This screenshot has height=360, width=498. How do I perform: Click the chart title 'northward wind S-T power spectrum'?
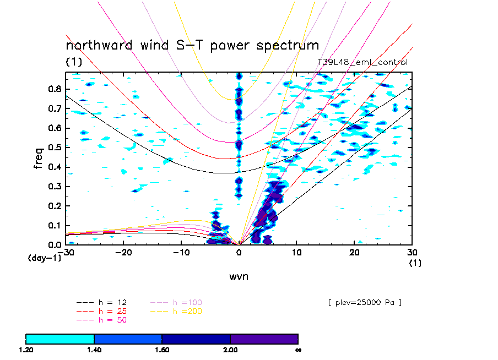(x=192, y=46)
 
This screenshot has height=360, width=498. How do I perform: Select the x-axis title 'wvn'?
(x=239, y=276)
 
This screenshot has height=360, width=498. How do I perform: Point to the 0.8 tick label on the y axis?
(x=54, y=89)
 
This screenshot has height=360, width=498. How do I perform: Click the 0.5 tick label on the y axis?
(x=54, y=148)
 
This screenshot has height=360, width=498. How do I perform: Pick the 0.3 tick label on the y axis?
(x=54, y=187)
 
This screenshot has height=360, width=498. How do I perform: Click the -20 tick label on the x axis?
(x=123, y=252)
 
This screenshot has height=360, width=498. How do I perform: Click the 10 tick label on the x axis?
(x=296, y=252)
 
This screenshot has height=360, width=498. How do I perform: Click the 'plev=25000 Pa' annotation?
(x=364, y=302)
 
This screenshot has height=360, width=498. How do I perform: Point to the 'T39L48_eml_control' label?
(x=362, y=62)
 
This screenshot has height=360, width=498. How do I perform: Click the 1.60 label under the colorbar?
(x=162, y=350)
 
